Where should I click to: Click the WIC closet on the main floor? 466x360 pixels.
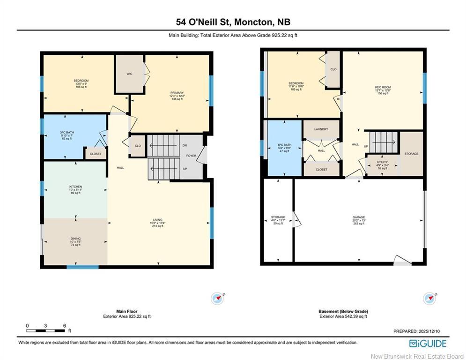tap(130, 74)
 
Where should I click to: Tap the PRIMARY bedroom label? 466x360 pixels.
tap(177, 93)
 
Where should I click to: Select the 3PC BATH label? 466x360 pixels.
tap(66, 133)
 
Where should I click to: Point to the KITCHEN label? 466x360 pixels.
tap(75, 187)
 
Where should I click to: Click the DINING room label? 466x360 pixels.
tap(75, 239)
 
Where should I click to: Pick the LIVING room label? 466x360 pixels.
tap(157, 220)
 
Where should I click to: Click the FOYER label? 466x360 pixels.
tap(191, 156)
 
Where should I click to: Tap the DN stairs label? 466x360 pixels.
tap(185, 145)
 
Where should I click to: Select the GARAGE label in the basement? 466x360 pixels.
tap(359, 217)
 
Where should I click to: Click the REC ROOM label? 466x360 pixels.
tap(383, 87)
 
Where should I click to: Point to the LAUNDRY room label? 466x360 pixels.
tap(321, 129)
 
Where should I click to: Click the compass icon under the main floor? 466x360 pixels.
tap(217, 298)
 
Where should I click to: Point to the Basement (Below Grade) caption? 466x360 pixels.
tap(343, 311)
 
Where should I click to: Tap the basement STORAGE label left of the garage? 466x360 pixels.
tap(278, 217)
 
